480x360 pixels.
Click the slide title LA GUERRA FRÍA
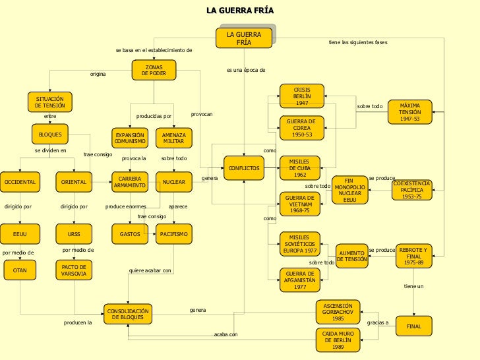click(239, 11)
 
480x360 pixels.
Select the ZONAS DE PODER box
click(154, 70)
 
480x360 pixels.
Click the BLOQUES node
click(50, 135)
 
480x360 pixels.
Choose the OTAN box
click(20, 270)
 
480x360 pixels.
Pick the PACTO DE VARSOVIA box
click(74, 270)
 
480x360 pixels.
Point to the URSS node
click(74, 233)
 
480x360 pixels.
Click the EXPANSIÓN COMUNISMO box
click(129, 138)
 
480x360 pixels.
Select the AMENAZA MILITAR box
click(173, 138)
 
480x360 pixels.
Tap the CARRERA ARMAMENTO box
click(129, 181)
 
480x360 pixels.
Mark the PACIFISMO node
click(173, 233)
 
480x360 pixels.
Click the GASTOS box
click(129, 233)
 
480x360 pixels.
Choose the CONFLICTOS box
click(245, 168)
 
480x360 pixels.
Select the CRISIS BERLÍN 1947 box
click(301, 96)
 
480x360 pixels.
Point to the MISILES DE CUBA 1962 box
click(300, 167)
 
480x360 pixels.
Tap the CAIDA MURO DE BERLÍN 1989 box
click(338, 340)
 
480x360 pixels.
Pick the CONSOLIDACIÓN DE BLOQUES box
click(129, 314)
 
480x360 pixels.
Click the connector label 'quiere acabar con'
click(150, 270)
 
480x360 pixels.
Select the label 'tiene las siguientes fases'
click(358, 42)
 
